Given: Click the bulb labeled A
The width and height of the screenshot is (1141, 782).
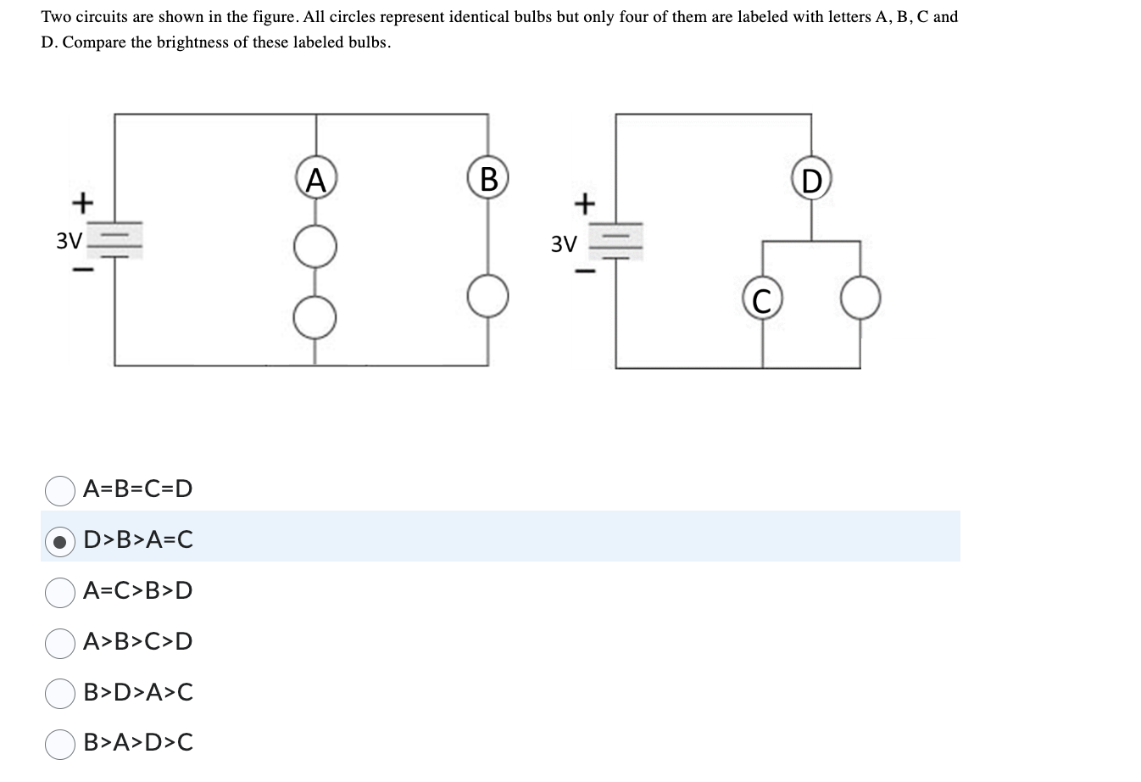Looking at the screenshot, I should [x=316, y=180].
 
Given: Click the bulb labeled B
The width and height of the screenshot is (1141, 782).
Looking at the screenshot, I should [x=487, y=180].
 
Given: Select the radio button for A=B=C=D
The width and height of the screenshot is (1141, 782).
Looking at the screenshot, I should [x=59, y=489].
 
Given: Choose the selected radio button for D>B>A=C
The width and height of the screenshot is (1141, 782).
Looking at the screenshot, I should [x=59, y=540].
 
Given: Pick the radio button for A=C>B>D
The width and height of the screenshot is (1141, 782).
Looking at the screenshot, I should [x=59, y=591].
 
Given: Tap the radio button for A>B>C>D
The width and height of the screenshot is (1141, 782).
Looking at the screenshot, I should [x=59, y=642].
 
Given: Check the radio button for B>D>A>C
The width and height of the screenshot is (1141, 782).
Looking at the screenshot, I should [x=59, y=693].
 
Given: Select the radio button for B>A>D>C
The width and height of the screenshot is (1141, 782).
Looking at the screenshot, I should [x=59, y=743].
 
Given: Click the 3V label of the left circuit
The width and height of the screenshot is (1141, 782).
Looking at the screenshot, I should [x=69, y=241].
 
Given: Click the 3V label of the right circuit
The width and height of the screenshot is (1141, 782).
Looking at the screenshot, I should [x=564, y=245].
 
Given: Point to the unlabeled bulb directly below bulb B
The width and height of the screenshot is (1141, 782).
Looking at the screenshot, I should [x=487, y=296].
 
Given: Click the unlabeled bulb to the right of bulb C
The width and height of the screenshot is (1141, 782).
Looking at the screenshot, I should [x=860, y=301].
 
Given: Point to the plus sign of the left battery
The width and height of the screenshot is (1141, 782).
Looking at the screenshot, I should [x=81, y=203].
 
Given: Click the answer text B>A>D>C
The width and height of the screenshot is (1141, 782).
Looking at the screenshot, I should [x=138, y=743].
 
